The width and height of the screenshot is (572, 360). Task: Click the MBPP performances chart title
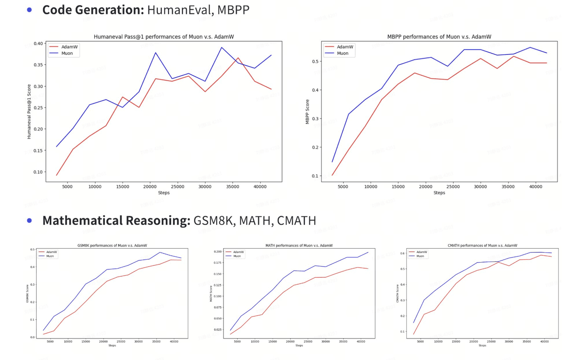[439, 37]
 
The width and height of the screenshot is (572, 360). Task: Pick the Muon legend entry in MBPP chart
[342, 53]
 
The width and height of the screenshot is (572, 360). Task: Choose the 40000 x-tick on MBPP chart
[535, 187]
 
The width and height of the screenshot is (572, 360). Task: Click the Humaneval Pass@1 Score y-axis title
[29, 111]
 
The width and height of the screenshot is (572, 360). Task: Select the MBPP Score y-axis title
[307, 111]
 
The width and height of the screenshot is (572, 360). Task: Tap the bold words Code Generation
[93, 10]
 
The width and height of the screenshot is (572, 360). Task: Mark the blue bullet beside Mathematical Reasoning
[29, 220]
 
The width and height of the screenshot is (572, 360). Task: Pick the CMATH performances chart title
[482, 246]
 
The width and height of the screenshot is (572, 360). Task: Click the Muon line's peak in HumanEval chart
[221, 47]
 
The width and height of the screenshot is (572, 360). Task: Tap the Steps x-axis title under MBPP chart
[439, 193]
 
